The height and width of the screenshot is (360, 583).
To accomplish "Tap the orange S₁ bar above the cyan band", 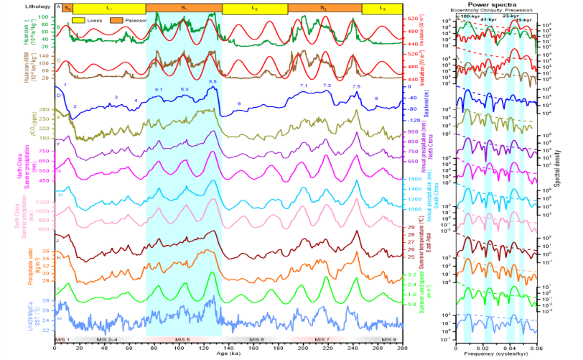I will (184, 7).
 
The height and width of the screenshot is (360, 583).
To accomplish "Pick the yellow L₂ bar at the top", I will (255, 7).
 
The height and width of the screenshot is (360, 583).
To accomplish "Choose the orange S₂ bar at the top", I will (325, 7).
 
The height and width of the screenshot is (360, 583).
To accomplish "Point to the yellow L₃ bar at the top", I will (382, 7).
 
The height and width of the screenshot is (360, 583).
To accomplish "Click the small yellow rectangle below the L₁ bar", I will (78, 20).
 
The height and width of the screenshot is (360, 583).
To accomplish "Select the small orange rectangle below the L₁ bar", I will (116, 20).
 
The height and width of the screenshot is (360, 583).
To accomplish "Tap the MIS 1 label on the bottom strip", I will (62, 339).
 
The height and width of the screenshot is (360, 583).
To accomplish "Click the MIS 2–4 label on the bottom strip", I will (106, 339).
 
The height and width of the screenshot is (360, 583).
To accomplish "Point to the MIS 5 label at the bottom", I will (184, 339).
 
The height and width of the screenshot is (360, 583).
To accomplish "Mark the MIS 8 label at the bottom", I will (388, 339).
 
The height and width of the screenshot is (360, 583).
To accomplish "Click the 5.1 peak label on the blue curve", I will (159, 88).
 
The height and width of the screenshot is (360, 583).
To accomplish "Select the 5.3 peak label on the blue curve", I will (185, 88).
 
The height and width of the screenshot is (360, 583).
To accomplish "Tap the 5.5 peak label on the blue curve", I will (213, 83).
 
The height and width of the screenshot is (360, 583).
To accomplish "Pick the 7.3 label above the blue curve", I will (327, 86).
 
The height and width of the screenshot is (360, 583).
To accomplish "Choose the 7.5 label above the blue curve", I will (357, 87).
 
